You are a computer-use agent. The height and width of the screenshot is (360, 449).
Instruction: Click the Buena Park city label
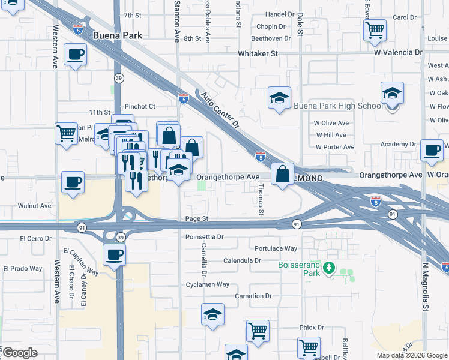pyautogui.click(x=118, y=35)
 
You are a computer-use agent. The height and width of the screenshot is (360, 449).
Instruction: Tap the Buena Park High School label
pyautogui.click(x=337, y=106)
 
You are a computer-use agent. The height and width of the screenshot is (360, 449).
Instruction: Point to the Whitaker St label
pyautogui.click(x=258, y=53)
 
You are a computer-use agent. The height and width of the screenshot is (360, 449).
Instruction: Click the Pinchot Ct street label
pyautogui.click(x=139, y=106)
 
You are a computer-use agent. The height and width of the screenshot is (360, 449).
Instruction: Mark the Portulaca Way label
pyautogui.click(x=276, y=248)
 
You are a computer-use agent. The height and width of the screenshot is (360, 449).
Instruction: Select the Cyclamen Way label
pyautogui.click(x=207, y=284)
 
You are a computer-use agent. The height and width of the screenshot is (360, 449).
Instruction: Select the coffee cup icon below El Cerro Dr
pyautogui.click(x=114, y=254)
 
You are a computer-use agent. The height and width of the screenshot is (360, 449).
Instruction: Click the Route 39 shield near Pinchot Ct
pyautogui.click(x=119, y=79)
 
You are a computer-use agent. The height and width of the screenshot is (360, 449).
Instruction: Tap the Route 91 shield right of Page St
pyautogui.click(x=297, y=224)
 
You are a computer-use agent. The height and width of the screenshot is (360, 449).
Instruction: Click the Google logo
pyautogui.click(x=20, y=353)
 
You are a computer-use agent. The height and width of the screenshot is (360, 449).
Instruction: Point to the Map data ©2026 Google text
pyautogui.click(x=412, y=355)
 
